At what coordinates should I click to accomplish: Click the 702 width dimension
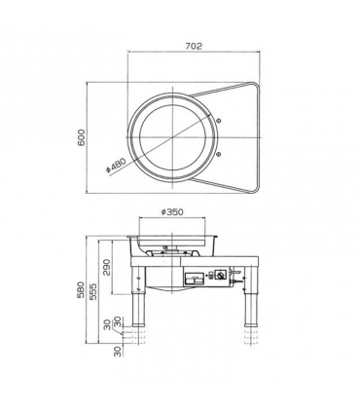coord(194,47)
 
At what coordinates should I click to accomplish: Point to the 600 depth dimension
coord(82,137)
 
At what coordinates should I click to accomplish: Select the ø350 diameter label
coord(172,212)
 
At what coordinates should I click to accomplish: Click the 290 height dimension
coord(107,267)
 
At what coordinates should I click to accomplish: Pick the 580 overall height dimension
coord(81,289)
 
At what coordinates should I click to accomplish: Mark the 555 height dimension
coord(93,291)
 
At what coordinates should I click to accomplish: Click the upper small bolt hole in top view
coord(218,121)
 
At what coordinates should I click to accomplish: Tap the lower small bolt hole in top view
coord(218,154)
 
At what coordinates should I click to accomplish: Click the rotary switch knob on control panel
coord(221,276)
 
